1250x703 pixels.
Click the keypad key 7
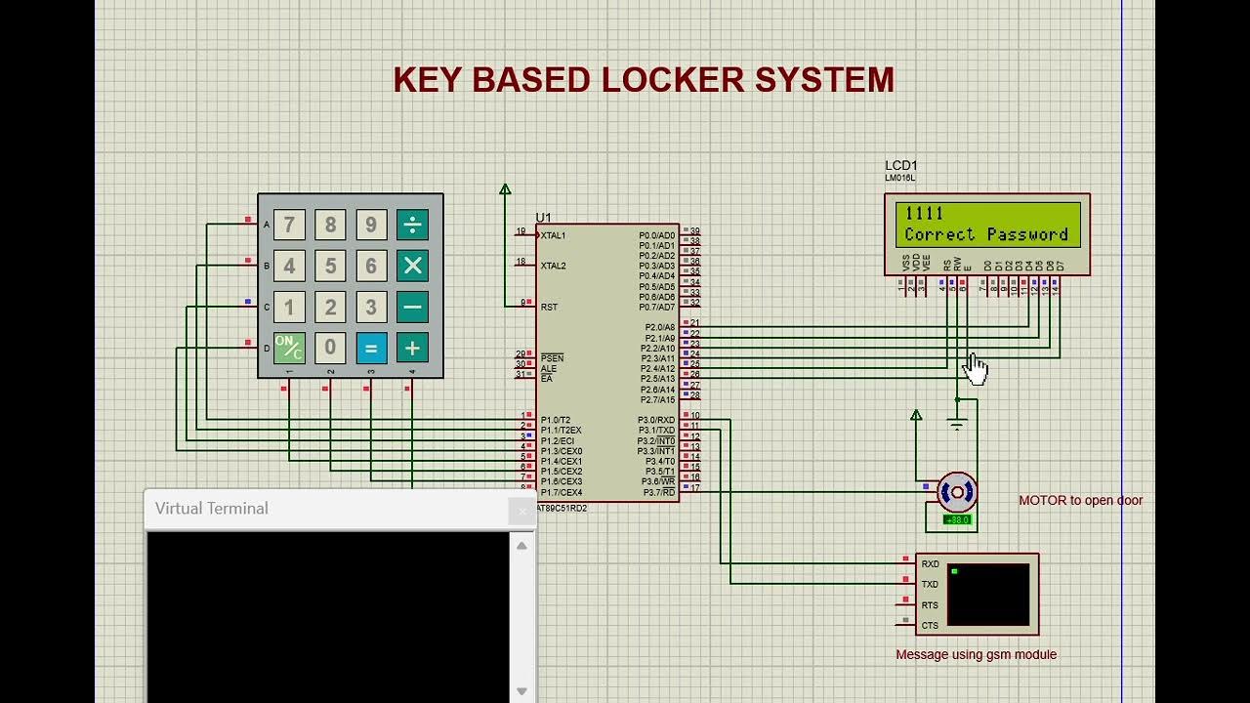[x=289, y=226]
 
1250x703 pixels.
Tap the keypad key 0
[x=330, y=348]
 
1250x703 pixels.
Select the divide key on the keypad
[x=412, y=226]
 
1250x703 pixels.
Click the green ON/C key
[x=289, y=348]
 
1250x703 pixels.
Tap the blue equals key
[x=371, y=348]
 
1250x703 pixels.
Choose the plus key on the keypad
[x=412, y=348]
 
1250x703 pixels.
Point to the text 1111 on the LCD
[x=924, y=214]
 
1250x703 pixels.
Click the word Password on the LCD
[x=1026, y=234]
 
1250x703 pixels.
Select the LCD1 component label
[x=900, y=166]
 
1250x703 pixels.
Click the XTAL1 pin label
[x=553, y=235]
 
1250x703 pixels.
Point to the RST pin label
[x=549, y=307]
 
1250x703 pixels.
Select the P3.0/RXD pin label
[x=656, y=420]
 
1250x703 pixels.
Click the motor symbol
[x=956, y=493]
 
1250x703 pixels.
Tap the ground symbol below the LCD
[x=957, y=425]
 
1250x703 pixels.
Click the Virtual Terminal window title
[x=212, y=509]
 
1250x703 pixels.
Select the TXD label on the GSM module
[x=930, y=584]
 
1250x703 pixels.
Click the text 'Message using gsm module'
[x=976, y=654]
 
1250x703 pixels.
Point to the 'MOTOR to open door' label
[x=1080, y=500]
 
